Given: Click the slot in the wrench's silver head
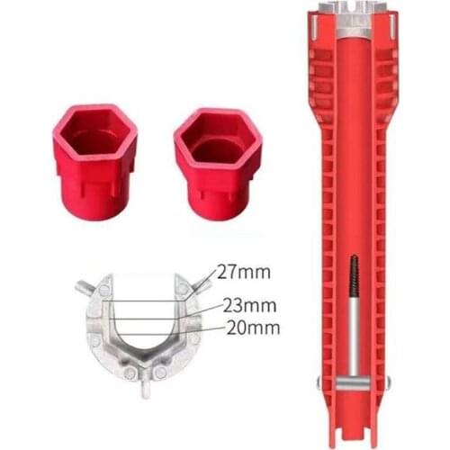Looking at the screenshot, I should [x=352, y=10].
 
